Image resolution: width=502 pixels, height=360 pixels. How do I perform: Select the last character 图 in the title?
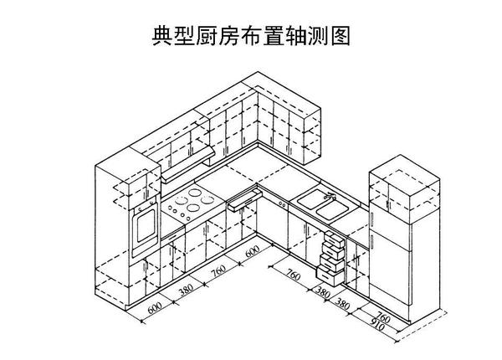pos(340,36)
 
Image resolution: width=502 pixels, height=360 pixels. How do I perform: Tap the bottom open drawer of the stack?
pos(326,273)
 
